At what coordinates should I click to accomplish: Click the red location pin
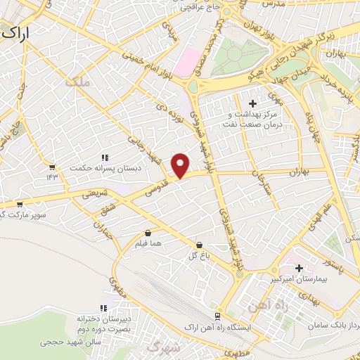(181, 165)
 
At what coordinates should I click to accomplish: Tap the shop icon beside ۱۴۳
(51, 167)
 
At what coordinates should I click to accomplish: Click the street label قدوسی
(155, 184)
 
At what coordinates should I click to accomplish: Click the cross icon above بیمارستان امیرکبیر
(300, 268)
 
